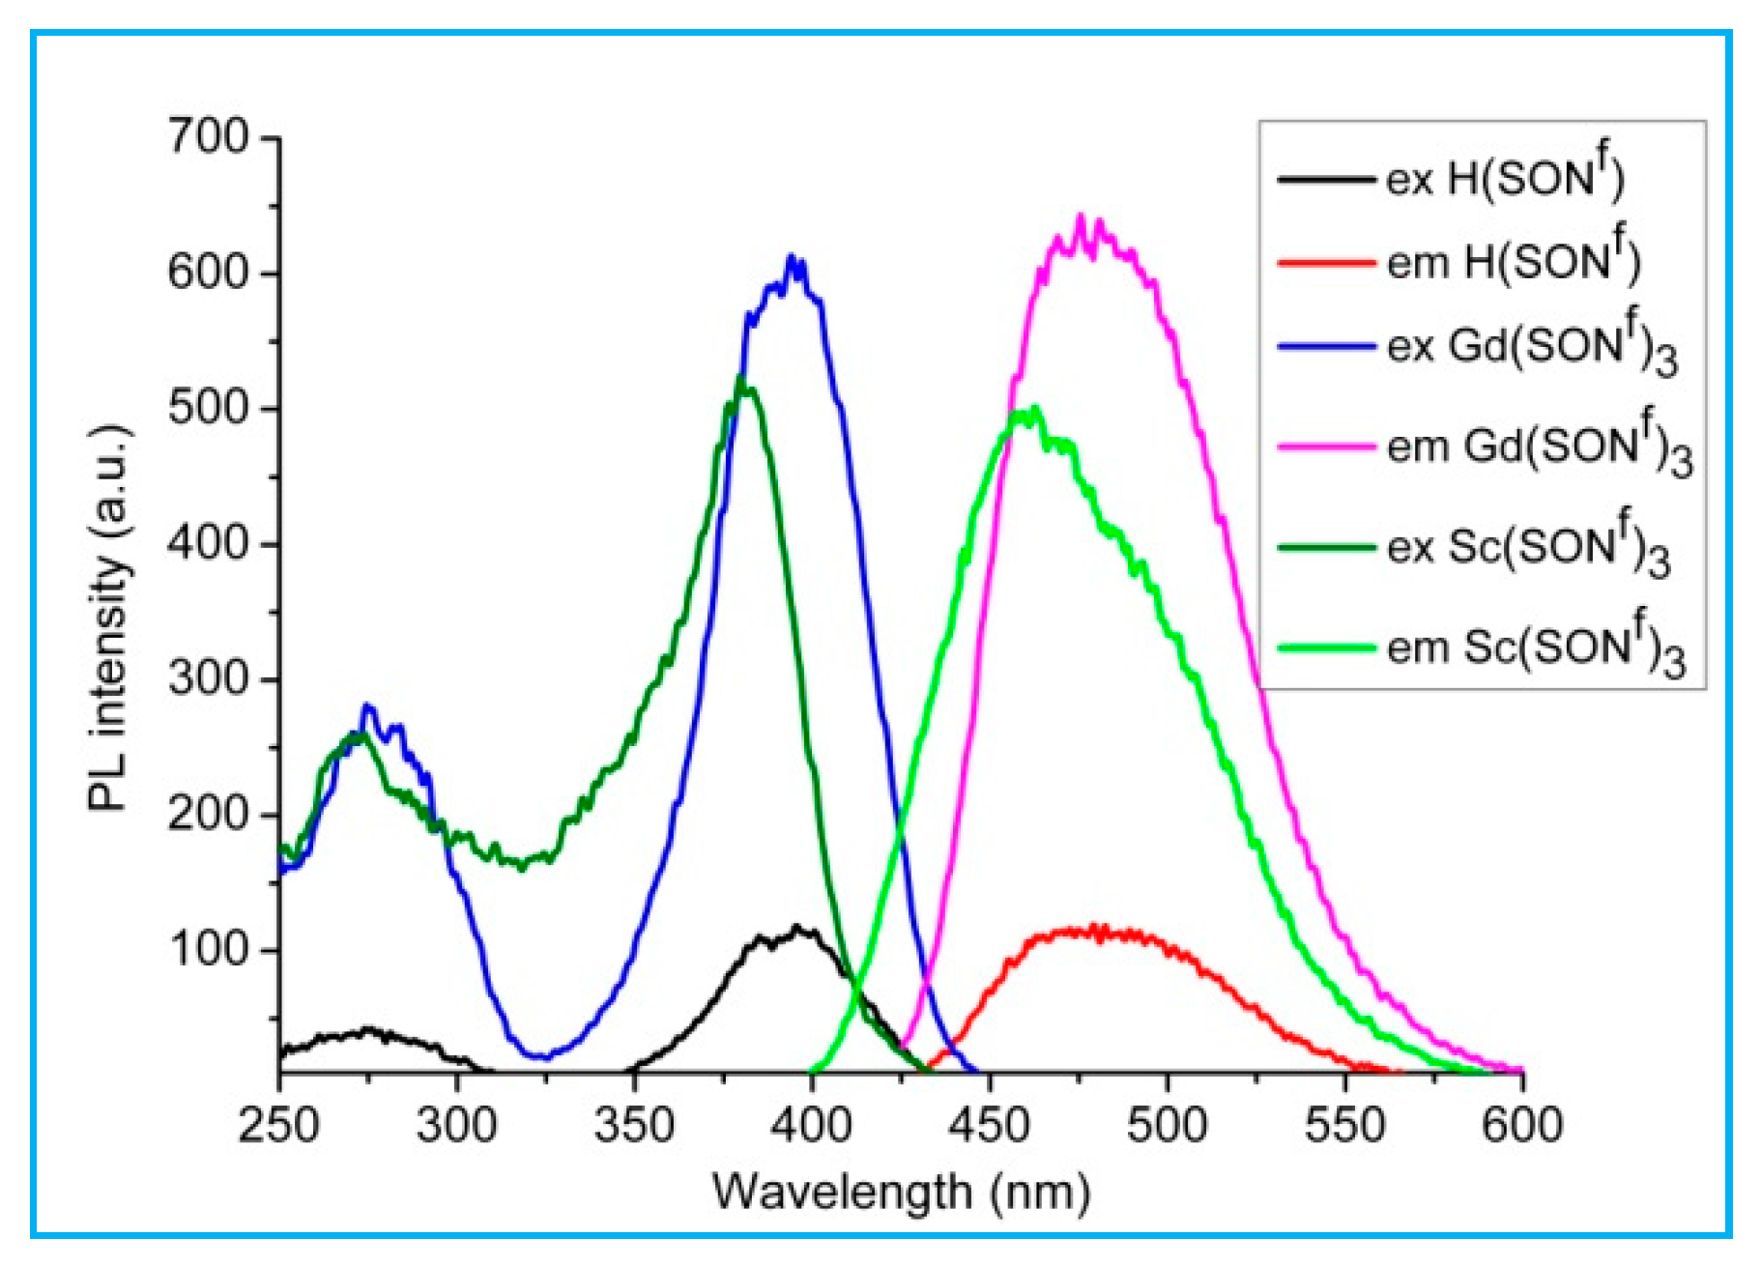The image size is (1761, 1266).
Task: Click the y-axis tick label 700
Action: coord(209,137)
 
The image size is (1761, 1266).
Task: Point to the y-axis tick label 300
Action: coord(209,678)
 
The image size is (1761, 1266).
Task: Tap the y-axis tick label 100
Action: coord(209,949)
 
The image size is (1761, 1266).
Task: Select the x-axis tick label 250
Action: coord(278,1125)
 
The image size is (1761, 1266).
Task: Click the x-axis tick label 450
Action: coord(989,1125)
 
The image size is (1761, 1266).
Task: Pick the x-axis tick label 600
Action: coord(1522,1125)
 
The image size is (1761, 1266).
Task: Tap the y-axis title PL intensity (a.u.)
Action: coord(108,619)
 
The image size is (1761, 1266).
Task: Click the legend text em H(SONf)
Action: coord(1513,262)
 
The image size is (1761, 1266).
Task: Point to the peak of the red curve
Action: coord(1094,928)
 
